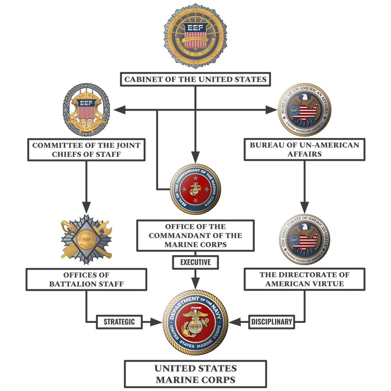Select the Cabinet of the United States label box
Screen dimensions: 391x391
[195, 79]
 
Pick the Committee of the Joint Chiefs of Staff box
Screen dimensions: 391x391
[86, 150]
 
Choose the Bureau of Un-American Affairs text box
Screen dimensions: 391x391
[305, 149]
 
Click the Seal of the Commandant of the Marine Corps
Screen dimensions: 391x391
[195, 190]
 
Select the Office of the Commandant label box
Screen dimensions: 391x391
[195, 236]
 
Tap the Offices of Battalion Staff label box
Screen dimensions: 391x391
[86, 279]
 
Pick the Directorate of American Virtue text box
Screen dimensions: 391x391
[305, 279]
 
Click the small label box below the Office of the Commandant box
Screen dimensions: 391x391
[195, 263]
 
